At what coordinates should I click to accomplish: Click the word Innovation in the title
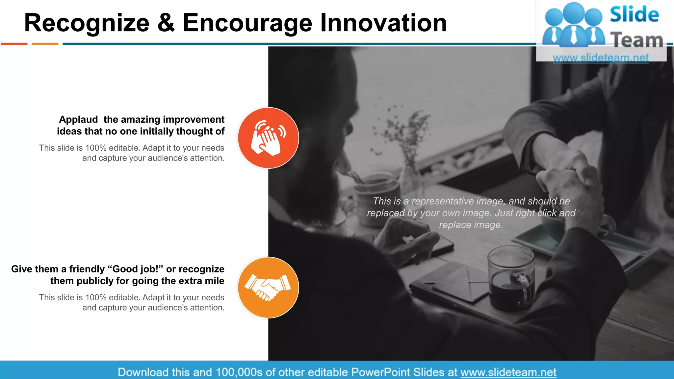click(x=383, y=23)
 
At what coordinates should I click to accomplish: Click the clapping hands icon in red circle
click(x=268, y=138)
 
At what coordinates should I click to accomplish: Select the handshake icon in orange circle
click(x=268, y=287)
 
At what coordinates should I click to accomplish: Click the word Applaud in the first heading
click(x=78, y=119)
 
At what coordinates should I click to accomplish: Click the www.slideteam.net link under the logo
click(x=601, y=58)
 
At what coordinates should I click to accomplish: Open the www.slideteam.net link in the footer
click(x=508, y=372)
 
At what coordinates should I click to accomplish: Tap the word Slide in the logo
click(x=634, y=15)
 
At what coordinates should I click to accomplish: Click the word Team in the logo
click(x=636, y=40)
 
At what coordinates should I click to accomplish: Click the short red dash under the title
click(x=14, y=43)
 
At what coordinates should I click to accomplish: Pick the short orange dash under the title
click(x=45, y=43)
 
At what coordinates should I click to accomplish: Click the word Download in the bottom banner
click(x=143, y=372)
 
